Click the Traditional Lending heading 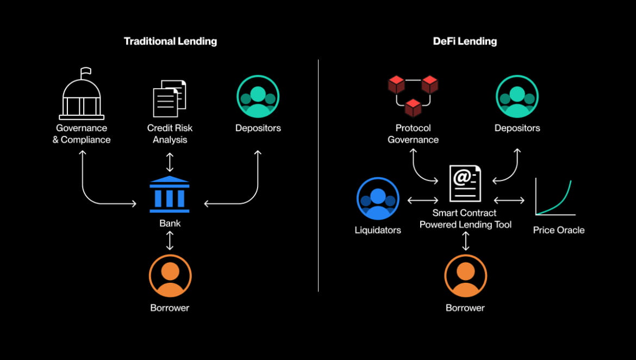point(170,41)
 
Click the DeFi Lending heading point(465,41)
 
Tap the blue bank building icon point(170,194)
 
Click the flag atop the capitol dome point(85,73)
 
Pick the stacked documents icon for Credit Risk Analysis point(170,98)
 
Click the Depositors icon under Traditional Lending point(258,97)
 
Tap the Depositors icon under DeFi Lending point(517,97)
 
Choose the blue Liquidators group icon point(378,198)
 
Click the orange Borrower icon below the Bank point(170,276)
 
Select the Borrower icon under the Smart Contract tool point(466,276)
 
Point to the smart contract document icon point(465,183)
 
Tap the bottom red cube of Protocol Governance point(413,108)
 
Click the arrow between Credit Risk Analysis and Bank point(170,163)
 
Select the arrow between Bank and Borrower point(170,240)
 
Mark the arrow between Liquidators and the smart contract point(423,200)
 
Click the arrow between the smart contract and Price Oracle point(509,200)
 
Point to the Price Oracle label point(558,230)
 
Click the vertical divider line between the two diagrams point(319,175)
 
